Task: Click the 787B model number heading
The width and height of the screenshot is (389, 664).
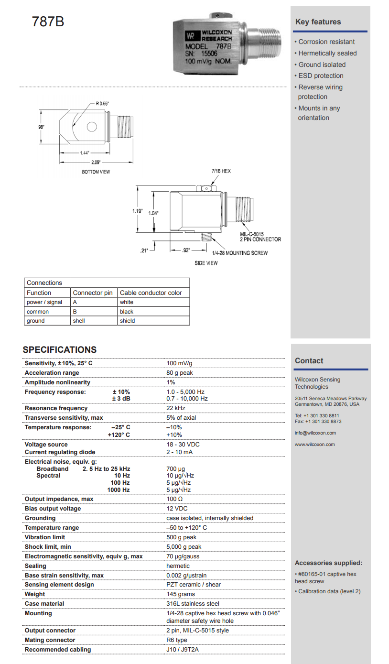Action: pyautogui.click(x=48, y=22)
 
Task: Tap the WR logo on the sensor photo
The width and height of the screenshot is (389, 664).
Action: pyautogui.click(x=191, y=35)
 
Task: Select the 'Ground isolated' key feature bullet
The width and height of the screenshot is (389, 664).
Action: pyautogui.click(x=322, y=65)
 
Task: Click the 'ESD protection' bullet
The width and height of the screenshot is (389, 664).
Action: pyautogui.click(x=321, y=76)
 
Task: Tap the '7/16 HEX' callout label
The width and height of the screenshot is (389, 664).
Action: pyautogui.click(x=221, y=171)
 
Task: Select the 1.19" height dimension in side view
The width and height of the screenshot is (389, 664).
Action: pyautogui.click(x=138, y=210)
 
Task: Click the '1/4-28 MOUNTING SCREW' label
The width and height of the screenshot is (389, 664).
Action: pyautogui.click(x=240, y=253)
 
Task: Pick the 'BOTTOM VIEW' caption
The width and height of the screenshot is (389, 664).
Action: pyautogui.click(x=96, y=172)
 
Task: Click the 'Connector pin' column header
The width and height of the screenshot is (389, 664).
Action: pyautogui.click(x=93, y=293)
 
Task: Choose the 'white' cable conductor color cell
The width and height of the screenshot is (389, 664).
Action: pyautogui.click(x=127, y=302)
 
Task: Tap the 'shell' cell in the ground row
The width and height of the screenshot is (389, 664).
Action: pyautogui.click(x=79, y=321)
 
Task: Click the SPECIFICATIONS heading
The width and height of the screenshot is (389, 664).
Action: pyautogui.click(x=60, y=349)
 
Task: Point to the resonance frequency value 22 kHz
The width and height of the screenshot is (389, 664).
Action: pyautogui.click(x=175, y=408)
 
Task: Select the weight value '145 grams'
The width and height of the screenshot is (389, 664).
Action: pyautogui.click(x=181, y=594)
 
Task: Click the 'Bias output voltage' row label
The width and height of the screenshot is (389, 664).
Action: pyautogui.click(x=53, y=509)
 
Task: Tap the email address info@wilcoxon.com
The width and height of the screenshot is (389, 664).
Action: pyautogui.click(x=315, y=433)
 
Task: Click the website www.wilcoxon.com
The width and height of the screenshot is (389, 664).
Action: pyautogui.click(x=314, y=445)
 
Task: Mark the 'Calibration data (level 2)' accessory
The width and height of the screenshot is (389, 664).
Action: pyautogui.click(x=329, y=591)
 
